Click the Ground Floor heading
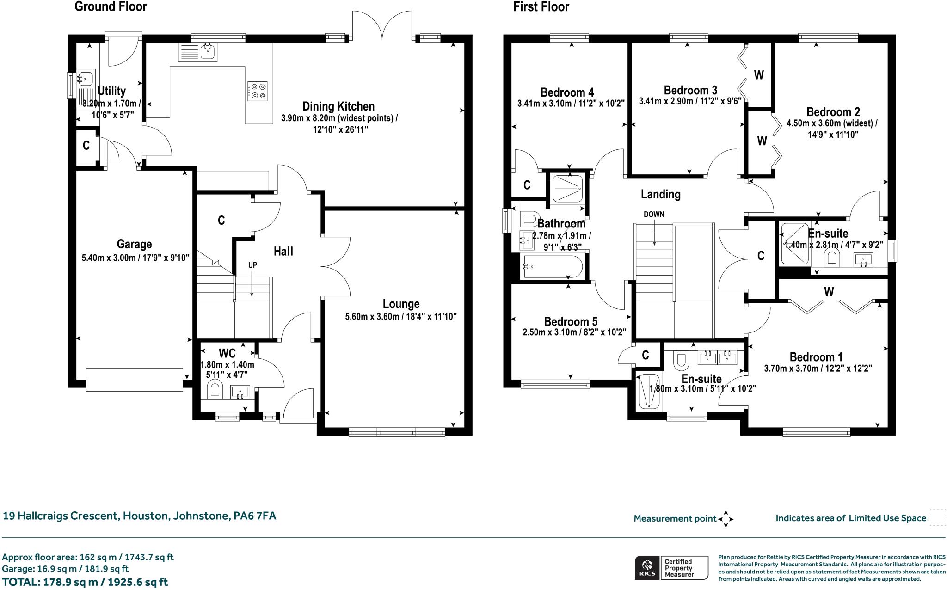point(111,7)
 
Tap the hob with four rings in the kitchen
point(257,91)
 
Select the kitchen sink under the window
point(208,52)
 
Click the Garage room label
point(134,244)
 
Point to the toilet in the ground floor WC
point(215,389)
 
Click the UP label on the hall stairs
point(252,265)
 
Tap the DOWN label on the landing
point(654,215)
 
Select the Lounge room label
point(401,304)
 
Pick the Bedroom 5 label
point(571,321)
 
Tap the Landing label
point(660,194)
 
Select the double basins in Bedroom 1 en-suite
point(717,356)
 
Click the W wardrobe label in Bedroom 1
point(829,292)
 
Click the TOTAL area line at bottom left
point(85,582)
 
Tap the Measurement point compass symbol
point(725,519)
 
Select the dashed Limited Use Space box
point(937,517)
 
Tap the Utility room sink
point(86,79)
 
